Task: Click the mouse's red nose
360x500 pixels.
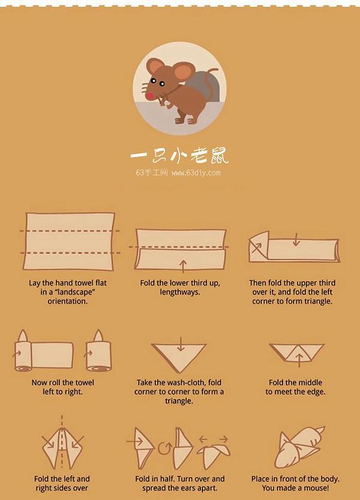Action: (x=150, y=95)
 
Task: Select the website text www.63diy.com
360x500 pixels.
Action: (x=196, y=173)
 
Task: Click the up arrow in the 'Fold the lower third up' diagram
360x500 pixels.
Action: (x=183, y=266)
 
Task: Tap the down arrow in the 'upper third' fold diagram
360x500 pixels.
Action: (x=297, y=240)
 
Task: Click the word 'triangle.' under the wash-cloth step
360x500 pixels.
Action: (x=179, y=401)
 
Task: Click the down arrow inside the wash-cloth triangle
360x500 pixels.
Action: (x=181, y=345)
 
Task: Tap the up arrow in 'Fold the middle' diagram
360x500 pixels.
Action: (x=299, y=360)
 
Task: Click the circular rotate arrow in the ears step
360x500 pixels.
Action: (x=164, y=447)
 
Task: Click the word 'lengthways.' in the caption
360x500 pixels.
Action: (x=179, y=292)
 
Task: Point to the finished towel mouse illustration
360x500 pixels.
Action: (x=299, y=447)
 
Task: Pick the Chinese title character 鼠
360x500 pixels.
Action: (x=219, y=156)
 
